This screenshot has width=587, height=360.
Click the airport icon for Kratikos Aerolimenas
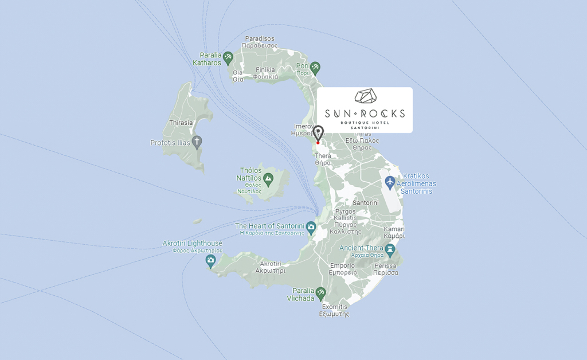tap(390, 182)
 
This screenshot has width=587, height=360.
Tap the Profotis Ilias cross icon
tap(197, 142)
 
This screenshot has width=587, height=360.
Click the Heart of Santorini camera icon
tap(311, 227)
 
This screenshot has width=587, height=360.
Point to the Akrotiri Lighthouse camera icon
tap(210, 261)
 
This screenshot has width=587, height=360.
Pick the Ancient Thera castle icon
tap(390, 249)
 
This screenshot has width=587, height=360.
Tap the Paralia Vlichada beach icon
tap(320, 293)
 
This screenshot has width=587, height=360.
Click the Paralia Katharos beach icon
tap(228, 57)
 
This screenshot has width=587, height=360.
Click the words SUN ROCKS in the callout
tap(365, 113)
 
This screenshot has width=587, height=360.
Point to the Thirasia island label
tap(181, 123)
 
